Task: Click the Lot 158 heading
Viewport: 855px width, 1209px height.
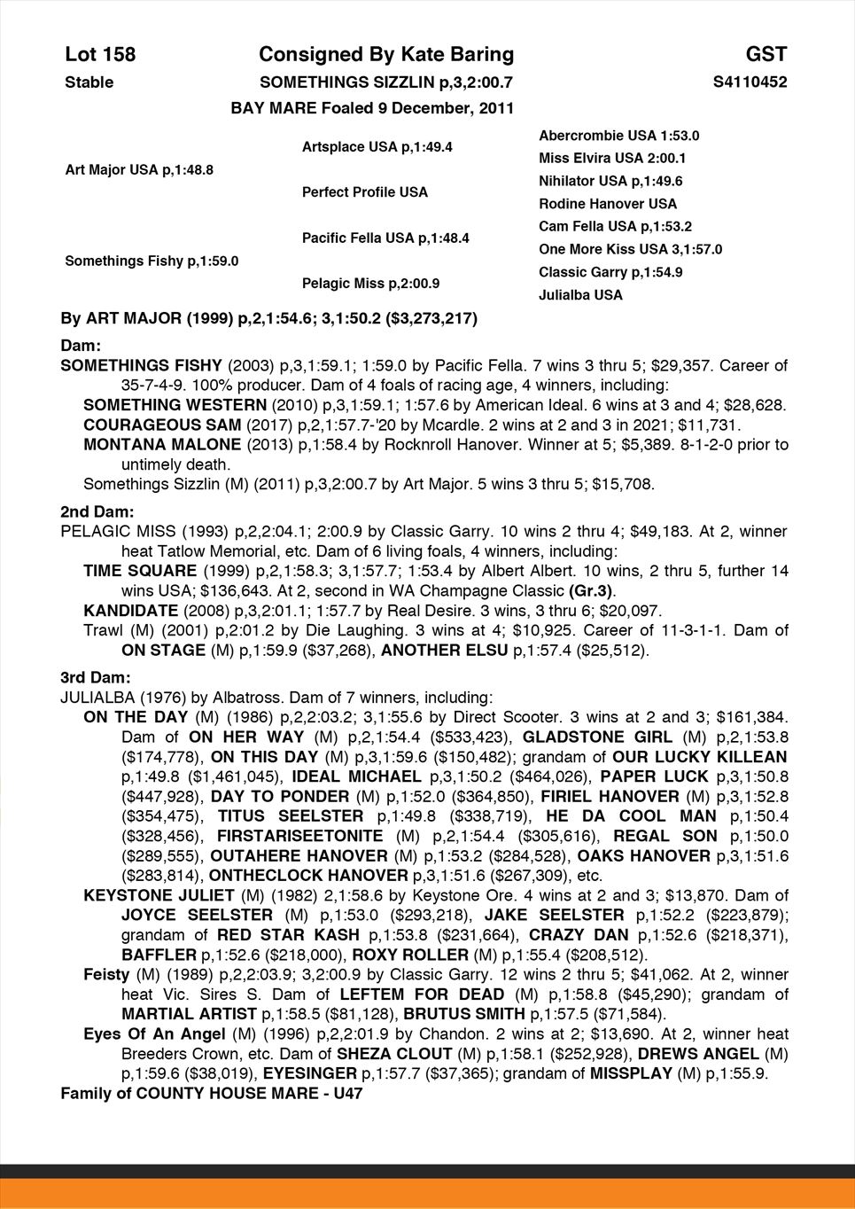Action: pos(100,55)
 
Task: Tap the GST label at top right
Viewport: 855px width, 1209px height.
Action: pos(766,55)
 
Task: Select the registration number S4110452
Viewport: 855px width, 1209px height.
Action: pos(750,82)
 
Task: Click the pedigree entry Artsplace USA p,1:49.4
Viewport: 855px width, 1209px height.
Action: pos(377,146)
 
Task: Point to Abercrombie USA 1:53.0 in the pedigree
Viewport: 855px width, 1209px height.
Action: pos(618,136)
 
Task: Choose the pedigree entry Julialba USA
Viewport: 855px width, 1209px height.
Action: pos(580,295)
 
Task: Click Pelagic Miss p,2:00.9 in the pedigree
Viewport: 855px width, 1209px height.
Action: pos(370,284)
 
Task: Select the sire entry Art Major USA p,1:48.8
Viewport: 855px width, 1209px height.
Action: pos(139,169)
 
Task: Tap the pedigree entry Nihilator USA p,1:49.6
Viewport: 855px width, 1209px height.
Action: pos(610,181)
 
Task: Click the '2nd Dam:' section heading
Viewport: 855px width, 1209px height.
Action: pos(97,511)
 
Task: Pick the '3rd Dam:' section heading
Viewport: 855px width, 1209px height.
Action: pos(96,678)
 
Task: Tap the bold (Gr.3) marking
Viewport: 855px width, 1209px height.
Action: pos(591,591)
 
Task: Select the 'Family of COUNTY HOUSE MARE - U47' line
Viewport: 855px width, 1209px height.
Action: pos(211,1093)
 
